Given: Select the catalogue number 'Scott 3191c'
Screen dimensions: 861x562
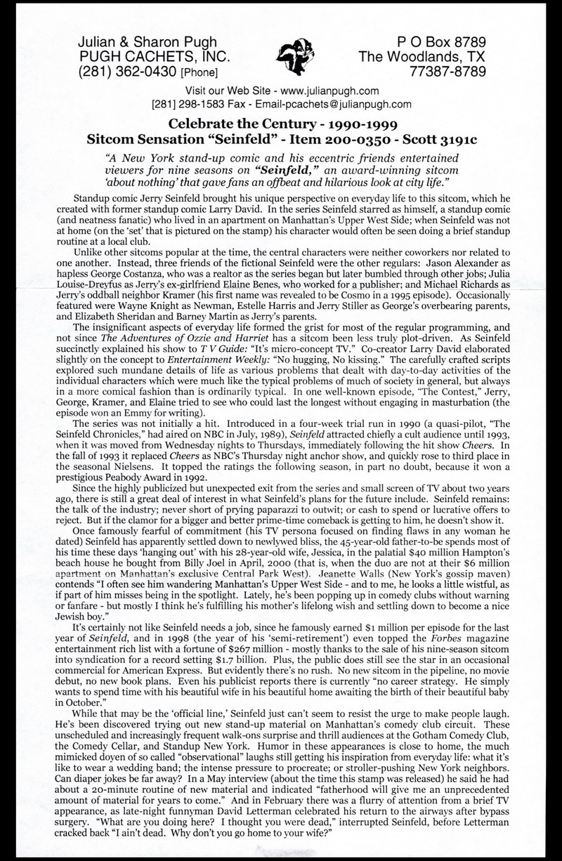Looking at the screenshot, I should pos(433,140).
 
